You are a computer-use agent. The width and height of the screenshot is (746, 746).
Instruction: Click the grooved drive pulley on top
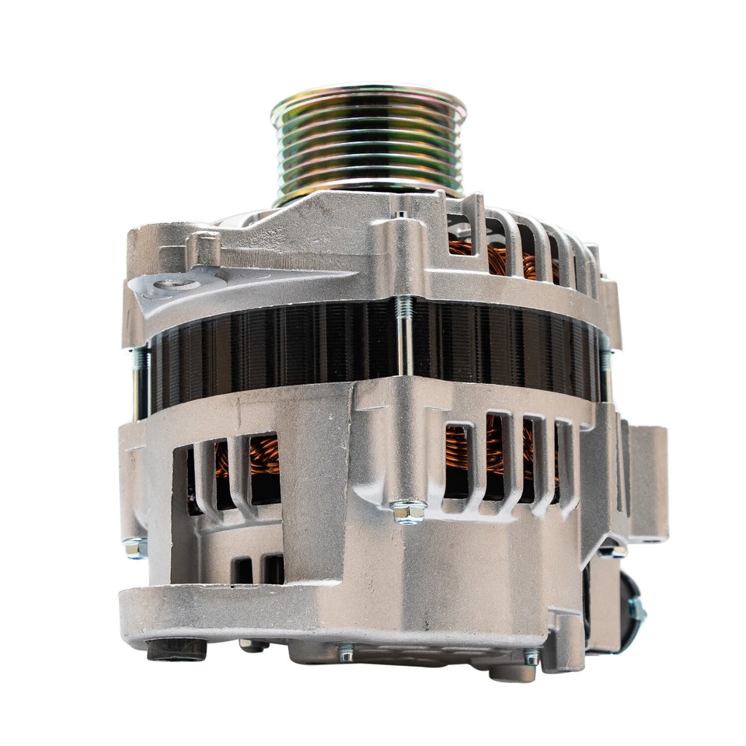[x=368, y=144]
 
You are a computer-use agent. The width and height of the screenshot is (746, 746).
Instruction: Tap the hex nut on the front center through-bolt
[x=408, y=511]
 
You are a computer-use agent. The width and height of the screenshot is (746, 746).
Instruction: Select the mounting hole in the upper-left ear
[x=170, y=285]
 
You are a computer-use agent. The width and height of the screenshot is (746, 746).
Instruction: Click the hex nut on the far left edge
[x=134, y=548]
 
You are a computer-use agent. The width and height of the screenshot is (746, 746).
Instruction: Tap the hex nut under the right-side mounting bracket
[x=613, y=550]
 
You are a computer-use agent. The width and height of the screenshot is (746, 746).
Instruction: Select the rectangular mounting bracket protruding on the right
[x=647, y=482]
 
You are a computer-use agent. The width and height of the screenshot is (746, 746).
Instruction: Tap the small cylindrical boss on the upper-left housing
[x=207, y=247]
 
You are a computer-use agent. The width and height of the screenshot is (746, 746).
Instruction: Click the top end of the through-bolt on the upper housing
[x=400, y=215]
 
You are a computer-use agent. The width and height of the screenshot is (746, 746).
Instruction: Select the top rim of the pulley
[x=368, y=97]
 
